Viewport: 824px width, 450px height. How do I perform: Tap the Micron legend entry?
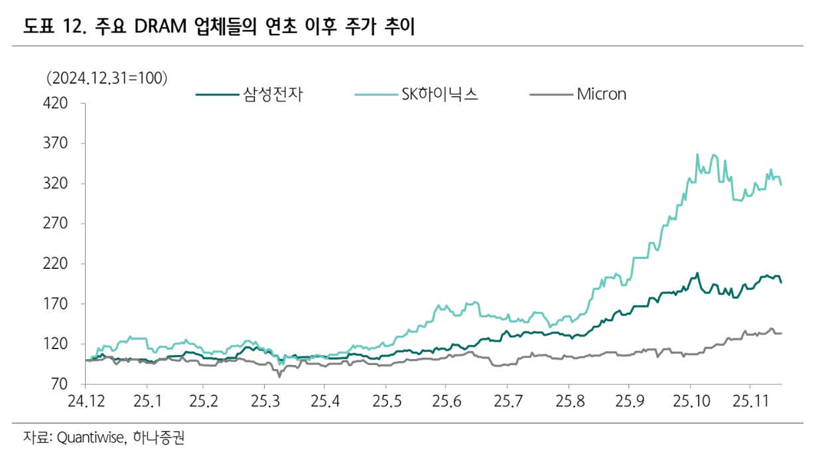tap(601, 94)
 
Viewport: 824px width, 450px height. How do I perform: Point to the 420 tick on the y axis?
tap(56, 104)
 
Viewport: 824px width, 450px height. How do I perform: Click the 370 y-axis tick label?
tap(56, 143)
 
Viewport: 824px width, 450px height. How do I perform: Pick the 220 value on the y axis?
tap(56, 264)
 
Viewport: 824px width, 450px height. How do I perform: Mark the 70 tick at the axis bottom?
tap(60, 384)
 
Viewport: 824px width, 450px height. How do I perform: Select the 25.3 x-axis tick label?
tap(264, 403)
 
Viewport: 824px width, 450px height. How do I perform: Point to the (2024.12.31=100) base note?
tap(106, 78)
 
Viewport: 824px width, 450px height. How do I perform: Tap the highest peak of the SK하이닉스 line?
tap(697, 155)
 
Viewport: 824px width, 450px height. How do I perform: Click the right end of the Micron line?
tap(781, 333)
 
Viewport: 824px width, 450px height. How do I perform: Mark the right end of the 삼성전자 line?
tap(781, 283)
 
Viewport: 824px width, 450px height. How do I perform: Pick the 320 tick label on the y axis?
tap(56, 184)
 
